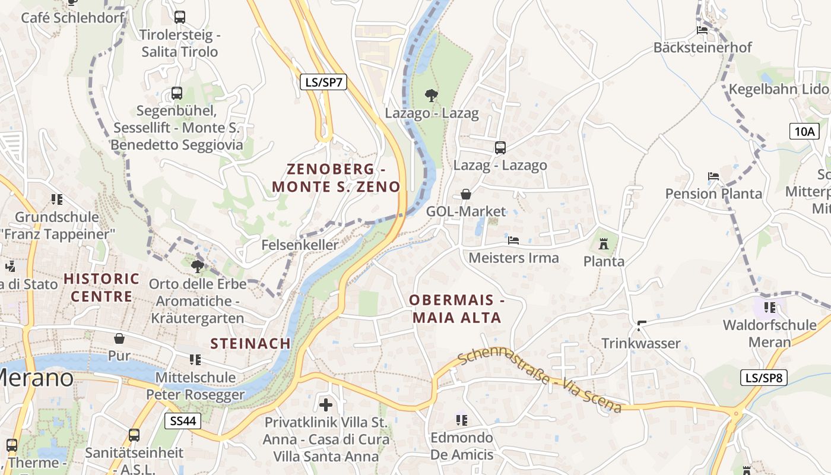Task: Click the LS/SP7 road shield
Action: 323,82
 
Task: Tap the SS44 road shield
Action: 183,422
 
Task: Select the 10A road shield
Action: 804,131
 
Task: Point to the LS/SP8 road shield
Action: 764,377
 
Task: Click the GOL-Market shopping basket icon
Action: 466,194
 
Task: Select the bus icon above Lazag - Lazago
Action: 500,148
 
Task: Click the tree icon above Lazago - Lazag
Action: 432,95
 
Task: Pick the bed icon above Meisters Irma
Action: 513,240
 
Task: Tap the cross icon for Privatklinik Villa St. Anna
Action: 326,405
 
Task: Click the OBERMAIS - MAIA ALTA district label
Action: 457,309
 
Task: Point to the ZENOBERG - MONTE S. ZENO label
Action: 336,178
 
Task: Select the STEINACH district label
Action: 250,343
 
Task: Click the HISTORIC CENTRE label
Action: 102,287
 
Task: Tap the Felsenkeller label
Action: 300,245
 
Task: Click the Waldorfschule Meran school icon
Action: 770,307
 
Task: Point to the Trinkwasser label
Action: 641,343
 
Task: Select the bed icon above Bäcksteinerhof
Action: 702,30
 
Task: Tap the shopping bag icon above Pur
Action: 119,338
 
